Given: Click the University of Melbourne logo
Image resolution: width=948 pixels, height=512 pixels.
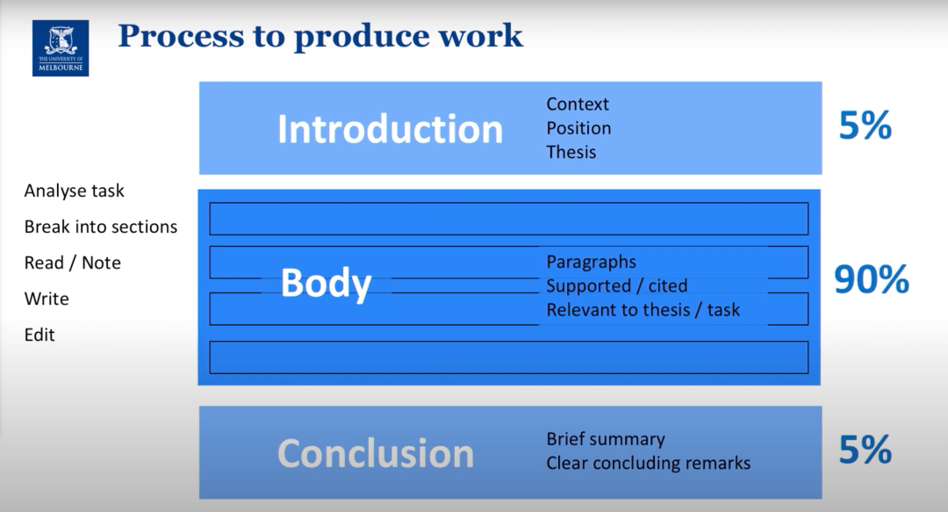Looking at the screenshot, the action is pyautogui.click(x=61, y=48).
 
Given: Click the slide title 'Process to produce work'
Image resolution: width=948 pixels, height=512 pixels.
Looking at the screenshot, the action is pyautogui.click(x=320, y=36).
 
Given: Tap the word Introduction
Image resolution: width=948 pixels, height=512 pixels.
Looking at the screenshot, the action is pyautogui.click(x=390, y=129).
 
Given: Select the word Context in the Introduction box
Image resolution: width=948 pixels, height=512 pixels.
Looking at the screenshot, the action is pyautogui.click(x=578, y=105).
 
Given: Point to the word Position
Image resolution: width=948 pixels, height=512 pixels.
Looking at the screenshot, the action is pyautogui.click(x=578, y=128).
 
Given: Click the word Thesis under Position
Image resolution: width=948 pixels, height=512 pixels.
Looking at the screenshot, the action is pyautogui.click(x=571, y=152).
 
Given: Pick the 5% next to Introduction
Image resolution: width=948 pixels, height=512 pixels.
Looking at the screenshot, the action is pyautogui.click(x=865, y=126).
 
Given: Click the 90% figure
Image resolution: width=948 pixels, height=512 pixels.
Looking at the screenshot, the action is pyautogui.click(x=872, y=279).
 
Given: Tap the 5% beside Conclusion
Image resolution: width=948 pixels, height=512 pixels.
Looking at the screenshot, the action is pyautogui.click(x=865, y=450).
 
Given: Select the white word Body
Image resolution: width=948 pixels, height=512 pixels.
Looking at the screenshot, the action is pyautogui.click(x=326, y=284).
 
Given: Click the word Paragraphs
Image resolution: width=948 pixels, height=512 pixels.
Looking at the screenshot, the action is pyautogui.click(x=592, y=262).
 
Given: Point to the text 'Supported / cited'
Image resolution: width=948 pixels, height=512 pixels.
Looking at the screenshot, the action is pyautogui.click(x=617, y=285).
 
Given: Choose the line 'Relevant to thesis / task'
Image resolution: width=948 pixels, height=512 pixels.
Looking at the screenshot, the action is pyautogui.click(x=643, y=310).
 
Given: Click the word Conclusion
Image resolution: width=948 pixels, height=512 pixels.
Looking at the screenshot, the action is pyautogui.click(x=376, y=454).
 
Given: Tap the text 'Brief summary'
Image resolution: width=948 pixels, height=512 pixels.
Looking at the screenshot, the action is pyautogui.click(x=606, y=439).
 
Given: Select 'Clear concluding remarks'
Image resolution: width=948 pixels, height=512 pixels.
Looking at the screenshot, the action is pyautogui.click(x=648, y=463).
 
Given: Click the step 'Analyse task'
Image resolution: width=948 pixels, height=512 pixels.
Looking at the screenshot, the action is pyautogui.click(x=74, y=191).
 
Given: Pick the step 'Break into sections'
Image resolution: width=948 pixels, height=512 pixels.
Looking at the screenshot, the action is pyautogui.click(x=100, y=227).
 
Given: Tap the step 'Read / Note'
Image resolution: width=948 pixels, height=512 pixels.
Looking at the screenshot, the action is pyautogui.click(x=73, y=263).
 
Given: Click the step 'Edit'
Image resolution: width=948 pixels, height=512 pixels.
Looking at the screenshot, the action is pyautogui.click(x=39, y=335).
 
